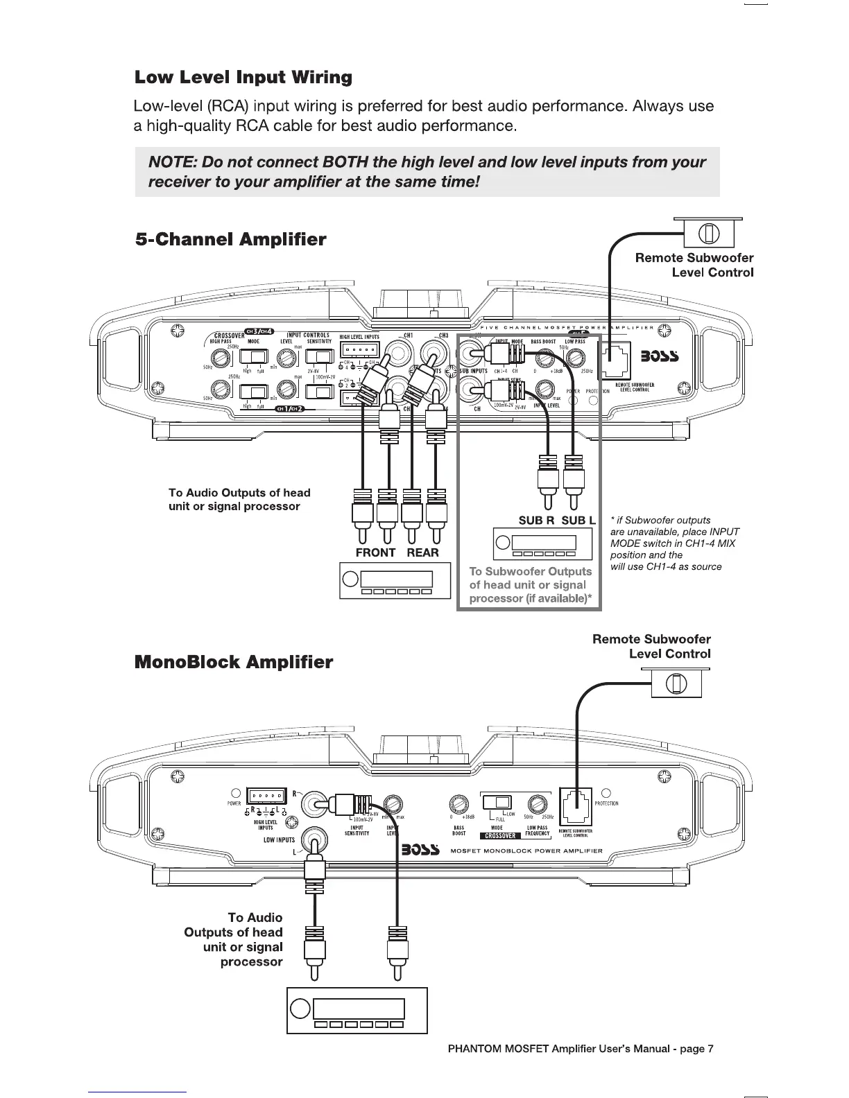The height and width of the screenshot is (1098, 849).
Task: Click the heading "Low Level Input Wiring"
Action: (243, 77)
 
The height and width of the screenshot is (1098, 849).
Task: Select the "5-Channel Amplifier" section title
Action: (230, 240)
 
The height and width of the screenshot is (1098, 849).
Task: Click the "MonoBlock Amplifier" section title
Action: (234, 662)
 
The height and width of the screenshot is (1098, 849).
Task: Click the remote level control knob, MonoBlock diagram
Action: (677, 684)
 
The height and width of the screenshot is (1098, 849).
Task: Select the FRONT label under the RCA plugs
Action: (375, 552)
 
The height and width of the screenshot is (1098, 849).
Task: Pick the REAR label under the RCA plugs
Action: (422, 552)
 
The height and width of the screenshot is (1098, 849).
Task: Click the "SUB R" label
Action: (536, 521)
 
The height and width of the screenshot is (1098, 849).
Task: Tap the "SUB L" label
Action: (578, 521)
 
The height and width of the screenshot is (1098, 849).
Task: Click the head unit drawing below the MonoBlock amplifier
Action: (357, 1010)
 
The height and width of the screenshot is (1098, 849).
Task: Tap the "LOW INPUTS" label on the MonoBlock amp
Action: (279, 840)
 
